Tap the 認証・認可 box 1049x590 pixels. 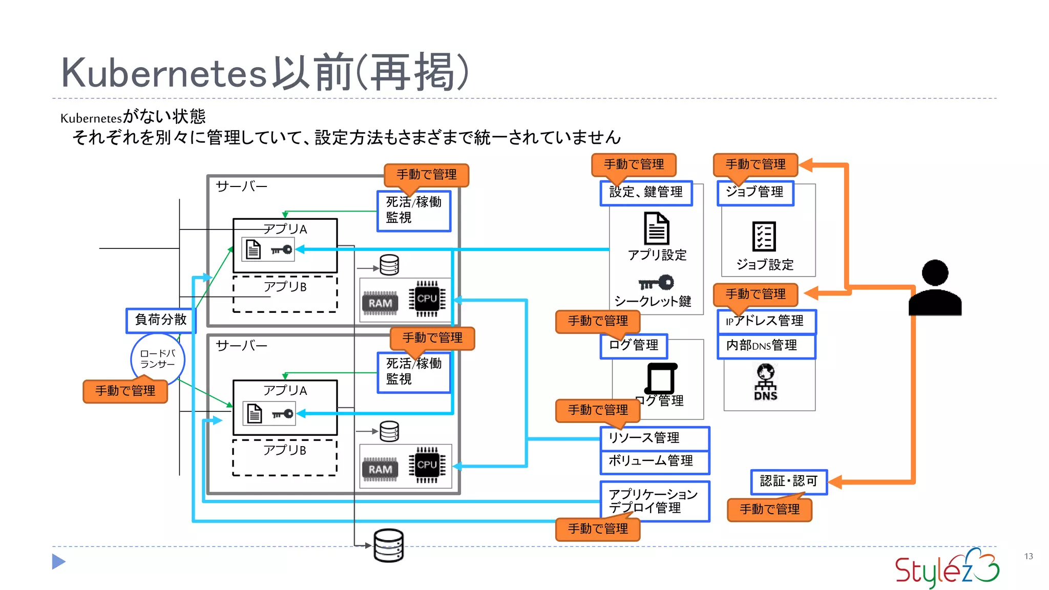[x=789, y=481]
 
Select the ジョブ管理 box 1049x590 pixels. [x=755, y=193]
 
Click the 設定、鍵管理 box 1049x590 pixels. [x=646, y=193]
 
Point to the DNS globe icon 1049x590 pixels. [x=766, y=382]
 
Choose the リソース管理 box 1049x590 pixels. [x=655, y=438]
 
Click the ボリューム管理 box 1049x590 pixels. [x=655, y=461]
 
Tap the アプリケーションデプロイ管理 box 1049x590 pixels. [x=655, y=501]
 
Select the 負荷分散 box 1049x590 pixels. [x=161, y=320]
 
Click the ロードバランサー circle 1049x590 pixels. [x=158, y=359]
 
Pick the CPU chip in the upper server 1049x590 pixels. [x=427, y=299]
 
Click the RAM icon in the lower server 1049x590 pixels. [x=380, y=470]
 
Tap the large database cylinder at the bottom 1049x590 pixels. [x=388, y=545]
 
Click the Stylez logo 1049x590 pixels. [x=947, y=568]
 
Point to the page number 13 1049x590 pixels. [x=1029, y=556]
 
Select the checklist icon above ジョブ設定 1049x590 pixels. [x=764, y=237]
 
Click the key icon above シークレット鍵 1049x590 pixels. [x=657, y=282]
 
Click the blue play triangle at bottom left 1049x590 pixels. [x=58, y=562]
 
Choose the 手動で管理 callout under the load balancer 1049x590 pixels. [x=125, y=391]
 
